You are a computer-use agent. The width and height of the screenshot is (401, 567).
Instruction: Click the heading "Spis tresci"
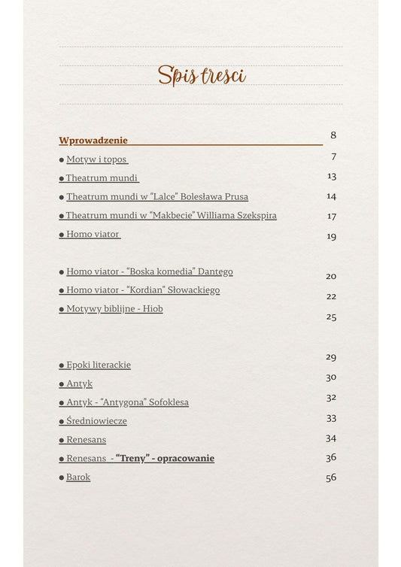point(201,75)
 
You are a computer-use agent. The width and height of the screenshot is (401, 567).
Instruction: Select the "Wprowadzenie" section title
point(93,140)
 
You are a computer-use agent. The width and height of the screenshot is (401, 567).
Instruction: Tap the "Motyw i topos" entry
point(96,159)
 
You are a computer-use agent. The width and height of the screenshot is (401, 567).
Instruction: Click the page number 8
point(333,135)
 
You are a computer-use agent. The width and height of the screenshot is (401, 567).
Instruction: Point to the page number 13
point(332,176)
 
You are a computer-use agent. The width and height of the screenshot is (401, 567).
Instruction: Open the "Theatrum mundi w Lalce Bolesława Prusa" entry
point(156,197)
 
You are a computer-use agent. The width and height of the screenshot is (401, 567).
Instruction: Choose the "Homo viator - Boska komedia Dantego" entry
point(149,271)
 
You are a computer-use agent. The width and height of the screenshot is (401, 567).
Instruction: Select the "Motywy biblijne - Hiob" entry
point(114,309)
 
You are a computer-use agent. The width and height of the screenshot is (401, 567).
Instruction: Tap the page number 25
point(331,317)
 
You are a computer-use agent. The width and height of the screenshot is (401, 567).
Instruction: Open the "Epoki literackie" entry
point(98,365)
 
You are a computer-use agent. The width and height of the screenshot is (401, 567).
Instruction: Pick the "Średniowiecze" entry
point(96,421)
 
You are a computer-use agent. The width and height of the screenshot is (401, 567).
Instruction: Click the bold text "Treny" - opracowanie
point(165,459)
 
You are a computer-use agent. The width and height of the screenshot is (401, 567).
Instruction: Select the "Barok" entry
point(78,478)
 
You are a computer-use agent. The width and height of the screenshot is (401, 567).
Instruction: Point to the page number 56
point(331,478)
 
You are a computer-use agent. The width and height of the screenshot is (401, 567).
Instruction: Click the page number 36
point(331,457)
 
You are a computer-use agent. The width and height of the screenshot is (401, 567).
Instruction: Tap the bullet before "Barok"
point(62,478)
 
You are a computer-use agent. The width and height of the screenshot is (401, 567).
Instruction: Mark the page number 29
point(331,357)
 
